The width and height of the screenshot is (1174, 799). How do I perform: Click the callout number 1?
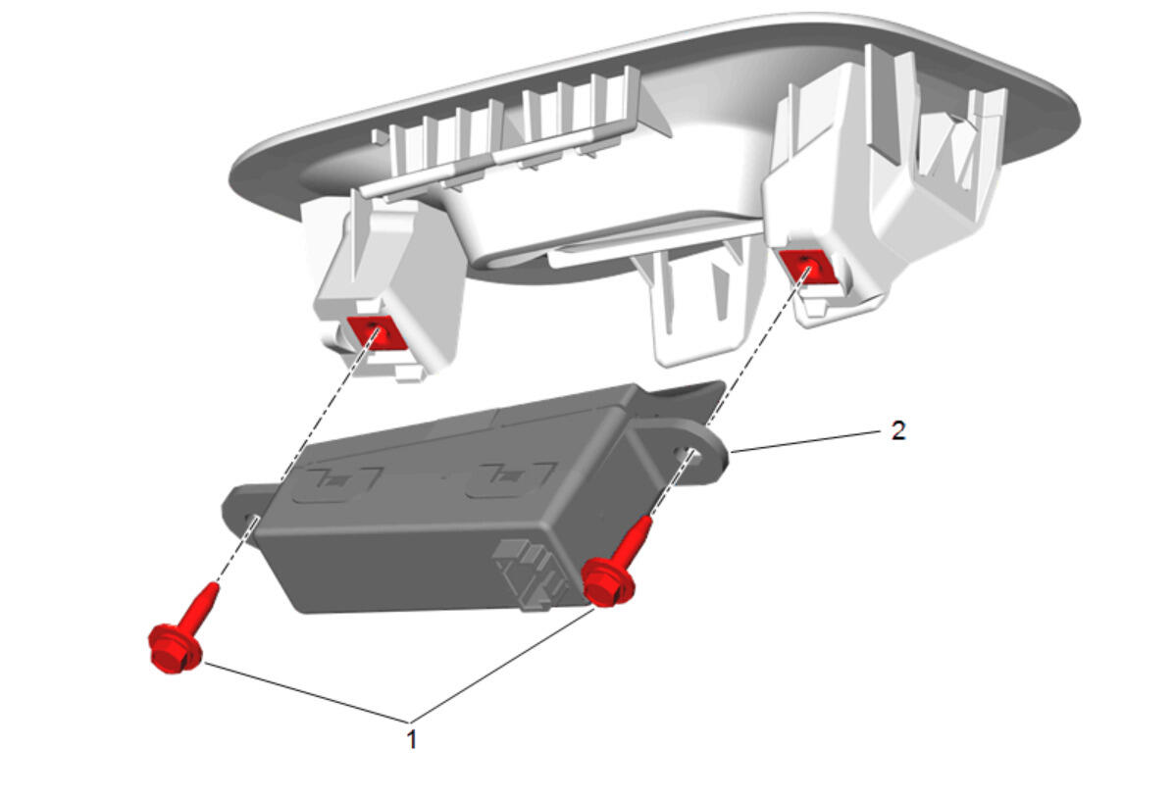click(x=411, y=739)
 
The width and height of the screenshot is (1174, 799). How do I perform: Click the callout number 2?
click(x=898, y=430)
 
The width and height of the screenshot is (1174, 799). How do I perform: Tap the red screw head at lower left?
click(x=176, y=649)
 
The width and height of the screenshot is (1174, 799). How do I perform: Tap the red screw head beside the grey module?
click(x=607, y=580)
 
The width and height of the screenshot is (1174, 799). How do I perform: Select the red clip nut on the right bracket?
click(x=806, y=267)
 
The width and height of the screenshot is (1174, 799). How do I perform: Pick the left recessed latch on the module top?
click(x=337, y=483)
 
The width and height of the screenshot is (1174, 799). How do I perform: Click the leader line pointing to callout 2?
click(x=805, y=441)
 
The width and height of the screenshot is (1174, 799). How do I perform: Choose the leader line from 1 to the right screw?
click(x=502, y=665)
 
